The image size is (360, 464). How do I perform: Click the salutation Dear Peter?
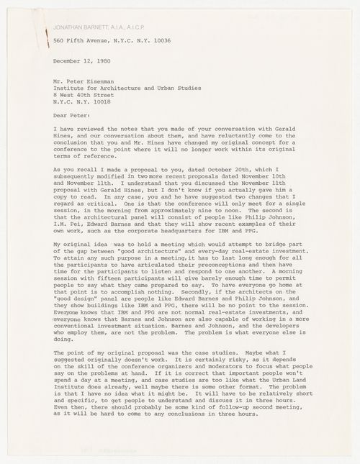coord(73,131)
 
